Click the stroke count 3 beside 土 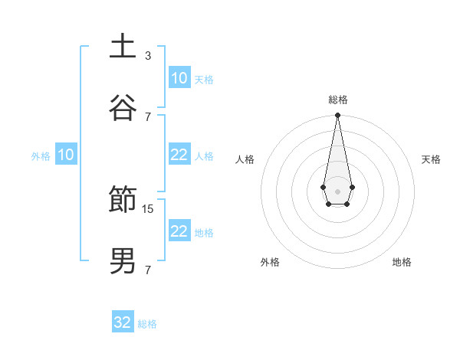(x=148, y=55)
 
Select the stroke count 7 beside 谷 (x=148, y=116)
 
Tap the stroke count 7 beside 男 (x=148, y=270)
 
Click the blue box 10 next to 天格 (x=179, y=78)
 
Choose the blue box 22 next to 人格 (x=179, y=155)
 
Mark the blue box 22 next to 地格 (x=179, y=231)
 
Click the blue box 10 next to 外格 (x=66, y=155)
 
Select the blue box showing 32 (x=123, y=322)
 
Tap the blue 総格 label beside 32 (x=147, y=324)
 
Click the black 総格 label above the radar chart (x=337, y=100)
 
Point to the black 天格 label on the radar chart (x=431, y=159)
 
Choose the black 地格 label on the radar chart (x=402, y=262)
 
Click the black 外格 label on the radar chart (x=270, y=262)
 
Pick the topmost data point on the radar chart (x=337, y=116)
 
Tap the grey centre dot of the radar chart (x=337, y=191)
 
